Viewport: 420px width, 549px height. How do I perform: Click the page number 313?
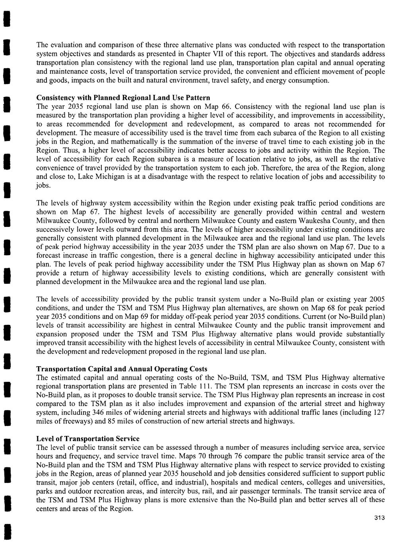pyautogui.click(x=379, y=518)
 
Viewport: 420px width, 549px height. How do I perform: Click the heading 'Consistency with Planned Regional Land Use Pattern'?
pyautogui.click(x=123, y=98)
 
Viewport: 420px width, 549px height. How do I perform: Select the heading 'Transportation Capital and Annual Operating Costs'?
pyautogui.click(x=122, y=369)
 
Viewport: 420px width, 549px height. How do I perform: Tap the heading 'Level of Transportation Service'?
pyautogui.click(x=88, y=438)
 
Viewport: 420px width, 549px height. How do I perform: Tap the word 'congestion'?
pyautogui.click(x=134, y=256)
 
